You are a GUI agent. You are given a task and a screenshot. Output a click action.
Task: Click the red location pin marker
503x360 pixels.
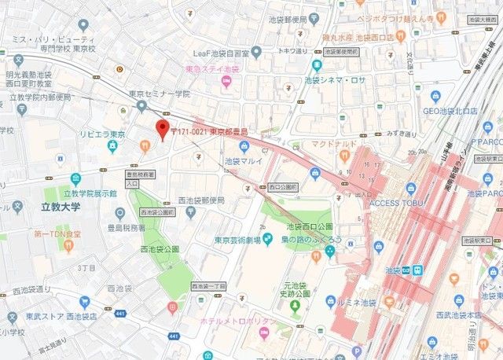[x=163, y=130]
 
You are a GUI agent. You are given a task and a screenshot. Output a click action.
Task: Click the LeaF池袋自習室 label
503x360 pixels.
[x=228, y=53]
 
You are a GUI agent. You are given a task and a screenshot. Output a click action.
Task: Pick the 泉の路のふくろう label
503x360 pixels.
[x=299, y=240]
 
